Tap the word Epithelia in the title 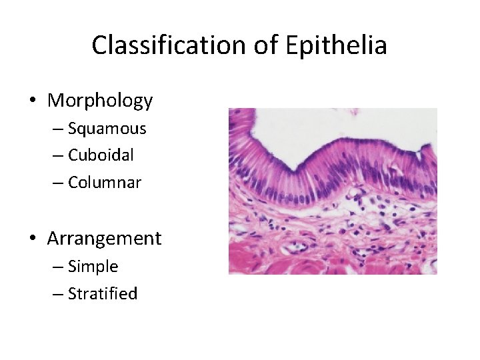coord(336,45)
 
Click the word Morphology coord(100,101)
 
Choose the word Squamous coord(107,129)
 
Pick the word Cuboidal coord(101,155)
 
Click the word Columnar coord(105,182)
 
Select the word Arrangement coord(104,239)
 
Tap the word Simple coord(93,267)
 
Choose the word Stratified coord(103,293)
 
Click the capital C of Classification coord(99,45)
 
